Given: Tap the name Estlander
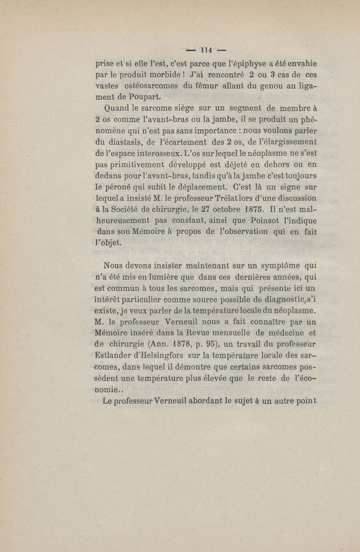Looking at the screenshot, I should pos(117,357).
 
